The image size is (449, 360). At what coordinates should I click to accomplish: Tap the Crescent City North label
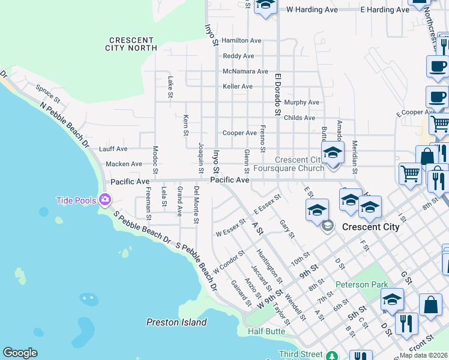point(130,43)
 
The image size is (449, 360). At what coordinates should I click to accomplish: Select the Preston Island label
point(176,322)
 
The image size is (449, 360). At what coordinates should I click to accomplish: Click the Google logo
point(20,353)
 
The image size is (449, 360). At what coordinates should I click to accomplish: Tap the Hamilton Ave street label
point(241,41)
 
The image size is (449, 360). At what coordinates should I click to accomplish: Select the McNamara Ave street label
point(245,71)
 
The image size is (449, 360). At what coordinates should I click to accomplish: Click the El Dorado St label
point(278,95)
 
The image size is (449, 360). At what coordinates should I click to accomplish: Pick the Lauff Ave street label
point(113,149)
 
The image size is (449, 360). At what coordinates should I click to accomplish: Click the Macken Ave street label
point(124,164)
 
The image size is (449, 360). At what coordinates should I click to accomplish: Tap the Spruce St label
point(47,94)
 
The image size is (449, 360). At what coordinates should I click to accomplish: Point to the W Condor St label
point(229,262)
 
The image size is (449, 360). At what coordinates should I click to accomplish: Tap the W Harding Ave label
point(312,10)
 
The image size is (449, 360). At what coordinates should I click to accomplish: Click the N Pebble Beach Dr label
point(64,125)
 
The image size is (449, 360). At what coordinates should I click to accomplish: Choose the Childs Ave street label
point(299,118)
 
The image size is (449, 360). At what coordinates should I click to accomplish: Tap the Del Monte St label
point(196,205)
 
